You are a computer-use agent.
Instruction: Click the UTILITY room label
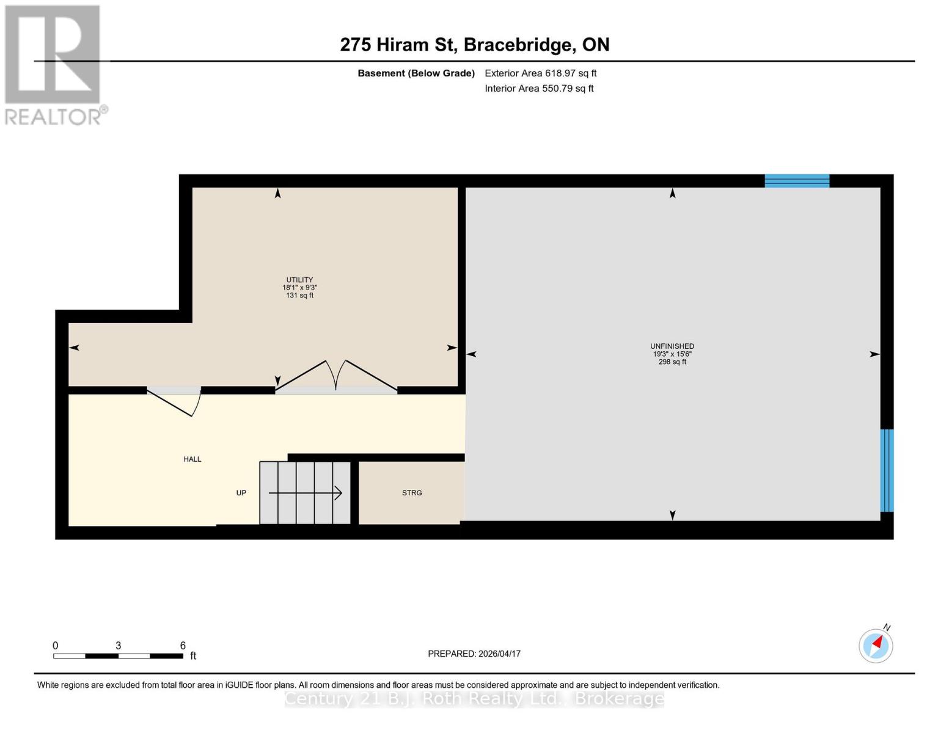[x=299, y=280]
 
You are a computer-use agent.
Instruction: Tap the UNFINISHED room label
[x=672, y=346]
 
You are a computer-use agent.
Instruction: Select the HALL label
[x=192, y=459]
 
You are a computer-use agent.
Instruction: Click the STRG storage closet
[x=412, y=493]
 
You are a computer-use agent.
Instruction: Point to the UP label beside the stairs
[x=241, y=493]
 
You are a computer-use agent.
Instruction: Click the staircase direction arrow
[x=306, y=493]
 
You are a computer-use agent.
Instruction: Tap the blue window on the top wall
[x=797, y=181]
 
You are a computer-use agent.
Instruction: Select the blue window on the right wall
[x=887, y=470]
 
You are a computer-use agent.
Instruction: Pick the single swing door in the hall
[x=175, y=401]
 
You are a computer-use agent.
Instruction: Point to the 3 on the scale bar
[x=119, y=646]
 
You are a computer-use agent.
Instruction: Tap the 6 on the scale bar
[x=183, y=646]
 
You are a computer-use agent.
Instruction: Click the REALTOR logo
[x=54, y=64]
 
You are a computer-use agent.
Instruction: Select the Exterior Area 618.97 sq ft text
[x=540, y=73]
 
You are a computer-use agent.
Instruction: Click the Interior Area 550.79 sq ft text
[x=539, y=89]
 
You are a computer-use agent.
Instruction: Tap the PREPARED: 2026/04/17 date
[x=474, y=654]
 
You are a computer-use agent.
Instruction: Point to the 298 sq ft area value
[x=672, y=362]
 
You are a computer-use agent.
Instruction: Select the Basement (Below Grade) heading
[x=416, y=73]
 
